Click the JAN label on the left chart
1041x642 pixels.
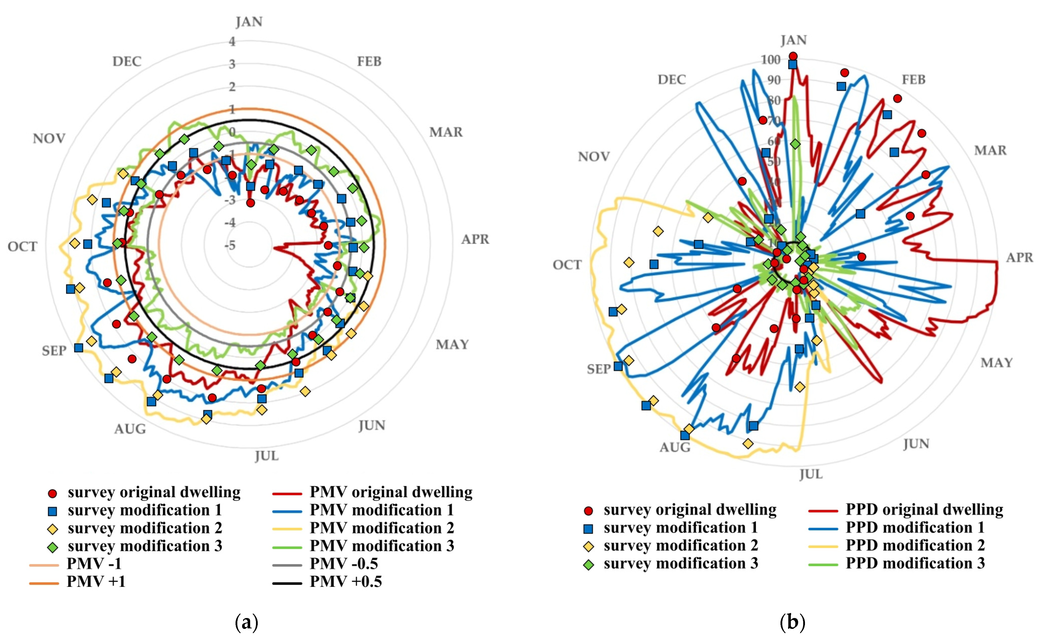pos(249,22)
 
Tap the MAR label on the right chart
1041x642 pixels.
pos(990,150)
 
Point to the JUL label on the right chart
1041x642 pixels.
pos(811,474)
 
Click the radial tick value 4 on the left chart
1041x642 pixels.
pos(232,42)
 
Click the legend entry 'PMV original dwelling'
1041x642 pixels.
pos(391,492)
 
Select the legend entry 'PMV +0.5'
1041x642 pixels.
pos(345,581)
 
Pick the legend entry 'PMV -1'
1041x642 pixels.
pos(94,564)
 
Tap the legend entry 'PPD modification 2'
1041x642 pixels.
pos(915,545)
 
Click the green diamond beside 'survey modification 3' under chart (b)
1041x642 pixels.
pos(588,565)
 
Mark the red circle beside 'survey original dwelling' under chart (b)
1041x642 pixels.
pos(588,511)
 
